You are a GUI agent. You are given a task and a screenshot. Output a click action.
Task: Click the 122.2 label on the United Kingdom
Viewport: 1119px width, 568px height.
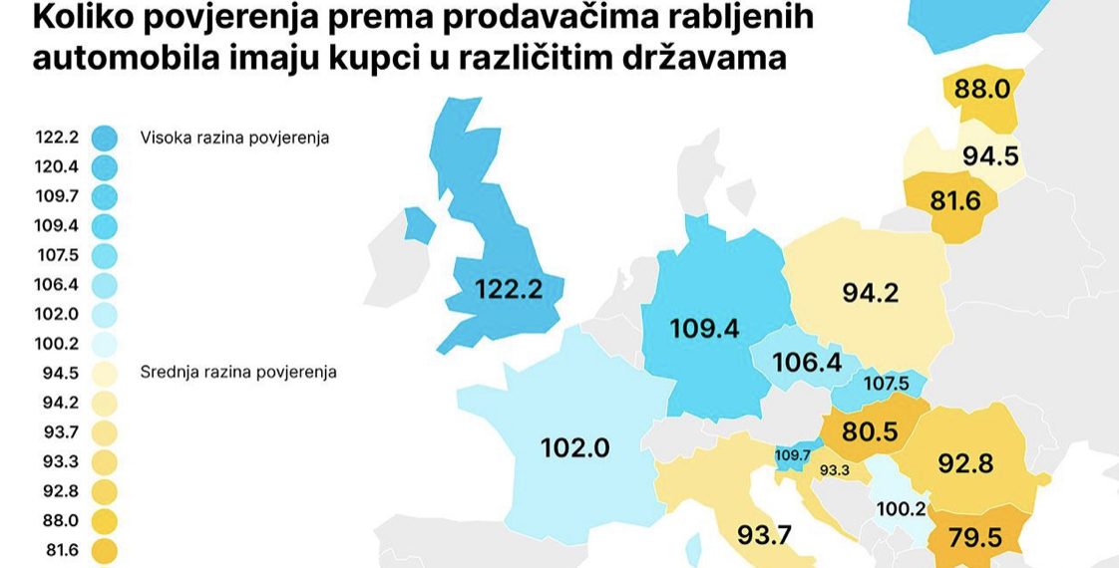tap(509, 290)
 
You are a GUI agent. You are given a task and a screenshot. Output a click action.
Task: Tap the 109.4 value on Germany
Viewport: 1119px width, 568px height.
tap(705, 329)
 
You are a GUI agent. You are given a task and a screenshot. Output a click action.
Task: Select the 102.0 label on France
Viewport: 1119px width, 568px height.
tap(574, 447)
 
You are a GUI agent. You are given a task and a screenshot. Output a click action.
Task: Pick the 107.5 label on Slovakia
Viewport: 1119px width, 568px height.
tap(887, 383)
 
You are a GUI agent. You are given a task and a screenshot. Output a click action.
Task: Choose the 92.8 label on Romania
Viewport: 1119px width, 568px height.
tap(967, 463)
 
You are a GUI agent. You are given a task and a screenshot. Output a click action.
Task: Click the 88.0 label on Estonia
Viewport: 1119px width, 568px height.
tap(982, 89)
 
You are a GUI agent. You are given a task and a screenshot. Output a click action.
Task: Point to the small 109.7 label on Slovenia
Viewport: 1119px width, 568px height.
tap(793, 455)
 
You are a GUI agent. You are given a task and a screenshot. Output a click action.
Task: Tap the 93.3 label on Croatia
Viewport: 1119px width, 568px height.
tap(834, 470)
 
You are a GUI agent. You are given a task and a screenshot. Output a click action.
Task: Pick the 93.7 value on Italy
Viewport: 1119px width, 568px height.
tap(764, 535)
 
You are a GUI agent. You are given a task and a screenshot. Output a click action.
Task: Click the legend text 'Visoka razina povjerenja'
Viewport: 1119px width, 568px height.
tap(234, 138)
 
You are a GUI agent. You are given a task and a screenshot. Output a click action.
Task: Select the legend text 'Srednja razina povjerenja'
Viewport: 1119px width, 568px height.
tap(238, 372)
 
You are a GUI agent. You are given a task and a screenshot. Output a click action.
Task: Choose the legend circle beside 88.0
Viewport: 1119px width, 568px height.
tap(104, 520)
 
